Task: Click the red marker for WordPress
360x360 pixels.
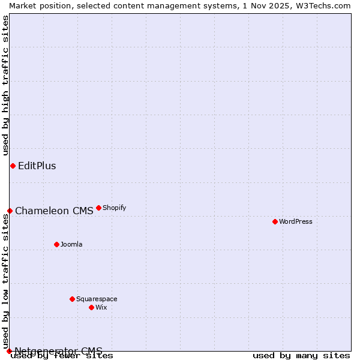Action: click(x=275, y=221)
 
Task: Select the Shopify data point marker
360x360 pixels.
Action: click(x=98, y=208)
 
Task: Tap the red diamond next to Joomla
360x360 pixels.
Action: click(x=56, y=244)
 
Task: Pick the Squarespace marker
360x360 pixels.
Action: click(x=72, y=299)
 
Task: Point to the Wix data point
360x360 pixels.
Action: click(x=91, y=307)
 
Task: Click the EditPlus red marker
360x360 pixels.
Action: click(x=13, y=166)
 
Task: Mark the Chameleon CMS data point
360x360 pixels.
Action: click(x=10, y=211)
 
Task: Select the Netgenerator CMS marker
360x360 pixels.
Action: click(x=9, y=351)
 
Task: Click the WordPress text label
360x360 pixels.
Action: click(x=296, y=221)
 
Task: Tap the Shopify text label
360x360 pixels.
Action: click(x=114, y=208)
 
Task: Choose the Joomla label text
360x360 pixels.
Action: click(x=71, y=244)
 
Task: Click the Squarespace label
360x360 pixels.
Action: click(x=97, y=299)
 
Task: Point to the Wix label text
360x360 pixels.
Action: click(x=101, y=307)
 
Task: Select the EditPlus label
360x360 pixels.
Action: click(x=37, y=166)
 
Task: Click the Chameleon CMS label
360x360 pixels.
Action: click(x=54, y=211)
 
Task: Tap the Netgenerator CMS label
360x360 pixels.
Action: click(x=58, y=351)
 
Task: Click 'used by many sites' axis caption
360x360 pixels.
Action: click(x=301, y=355)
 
